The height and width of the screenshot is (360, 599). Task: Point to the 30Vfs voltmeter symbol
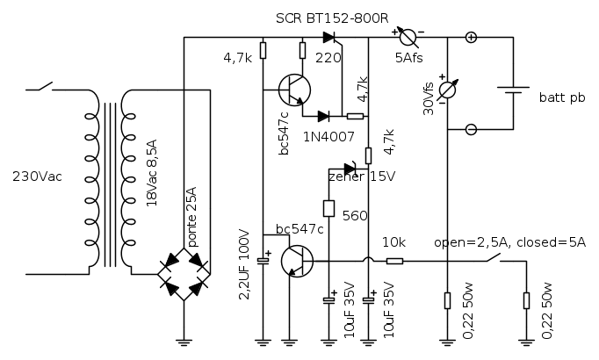(x=448, y=90)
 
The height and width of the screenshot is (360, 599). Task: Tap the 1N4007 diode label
(x=327, y=136)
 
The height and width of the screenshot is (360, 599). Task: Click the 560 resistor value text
(x=355, y=215)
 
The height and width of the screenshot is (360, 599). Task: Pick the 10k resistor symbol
(x=394, y=260)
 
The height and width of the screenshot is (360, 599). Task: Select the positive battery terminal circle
(x=471, y=37)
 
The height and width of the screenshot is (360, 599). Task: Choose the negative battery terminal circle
(x=471, y=129)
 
